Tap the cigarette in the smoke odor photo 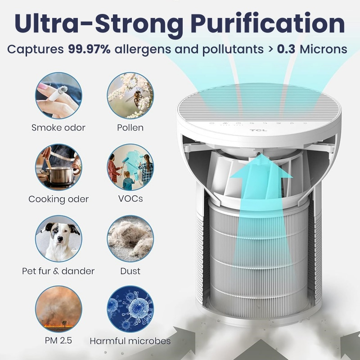click(58, 93)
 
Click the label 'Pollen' click(130, 128)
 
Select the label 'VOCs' click(130, 198)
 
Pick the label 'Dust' click(130, 271)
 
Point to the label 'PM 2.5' click(58, 340)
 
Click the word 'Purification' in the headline click(267, 24)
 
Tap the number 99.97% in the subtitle click(89, 49)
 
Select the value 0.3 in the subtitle click(286, 49)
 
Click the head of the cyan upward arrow click(261, 167)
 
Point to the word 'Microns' click(324, 49)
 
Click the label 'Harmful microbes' click(130, 341)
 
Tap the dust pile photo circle click(130, 239)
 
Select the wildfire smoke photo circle click(58, 309)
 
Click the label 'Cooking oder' click(58, 199)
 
